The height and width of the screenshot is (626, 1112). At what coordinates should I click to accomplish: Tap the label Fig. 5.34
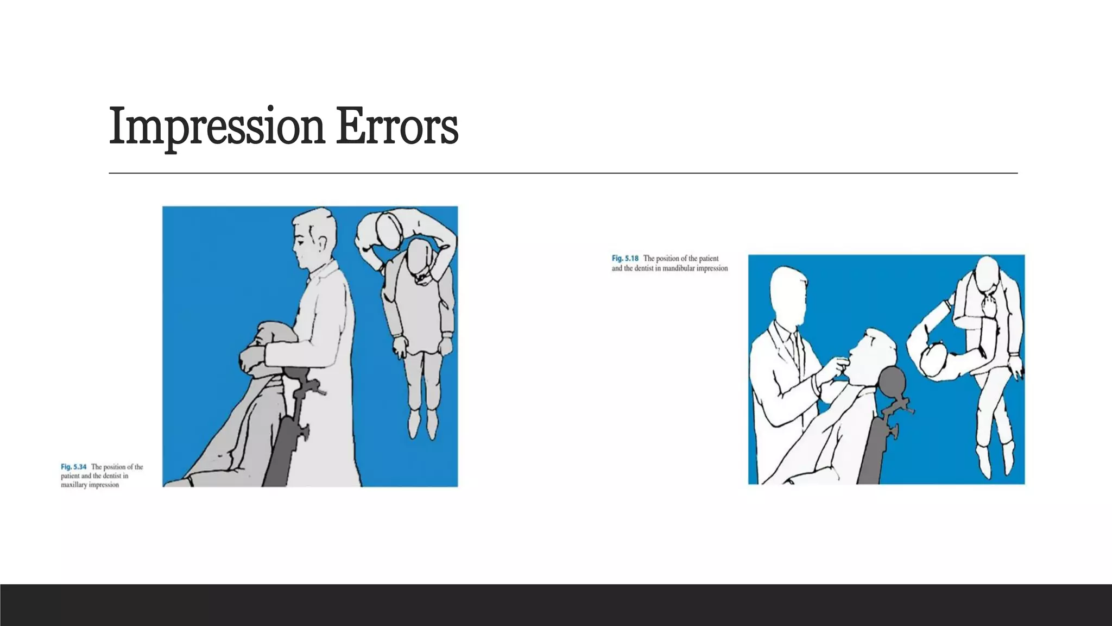coord(73,467)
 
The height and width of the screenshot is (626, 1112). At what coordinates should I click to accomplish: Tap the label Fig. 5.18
coord(625,259)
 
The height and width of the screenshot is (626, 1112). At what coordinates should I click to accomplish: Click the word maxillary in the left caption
coord(73,485)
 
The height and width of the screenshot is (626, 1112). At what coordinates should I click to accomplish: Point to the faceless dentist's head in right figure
coord(787,296)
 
